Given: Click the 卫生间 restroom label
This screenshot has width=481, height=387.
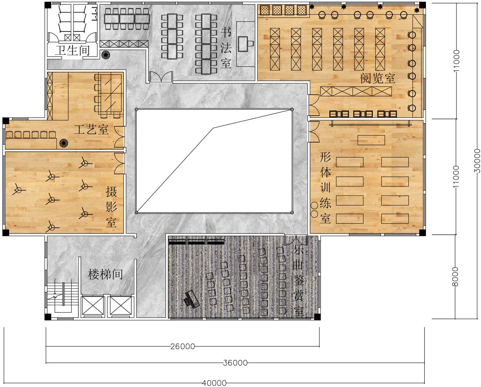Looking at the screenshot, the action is tap(72, 50).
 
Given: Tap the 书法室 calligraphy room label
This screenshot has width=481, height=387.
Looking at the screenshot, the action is tap(226, 48).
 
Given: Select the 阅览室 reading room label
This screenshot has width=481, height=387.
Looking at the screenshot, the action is tap(377, 78).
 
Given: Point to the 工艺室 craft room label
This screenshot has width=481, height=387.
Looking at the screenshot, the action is tap(91, 130).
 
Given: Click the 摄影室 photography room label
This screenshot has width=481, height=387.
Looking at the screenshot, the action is tap(111, 207).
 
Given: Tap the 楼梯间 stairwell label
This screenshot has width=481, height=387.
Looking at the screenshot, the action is tap(105, 274).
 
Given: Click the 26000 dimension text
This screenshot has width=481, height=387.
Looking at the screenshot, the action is tap(183, 347).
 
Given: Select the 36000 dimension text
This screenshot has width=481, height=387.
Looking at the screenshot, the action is tap(235, 363).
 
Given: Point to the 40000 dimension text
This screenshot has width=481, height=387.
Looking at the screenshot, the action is tap(214, 383).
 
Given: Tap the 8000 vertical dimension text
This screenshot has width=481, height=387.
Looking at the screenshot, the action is tap(455, 276).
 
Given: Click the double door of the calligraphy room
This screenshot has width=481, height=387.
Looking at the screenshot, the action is tap(161, 77).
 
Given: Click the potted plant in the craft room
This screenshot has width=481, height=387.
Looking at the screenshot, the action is tap(64, 143).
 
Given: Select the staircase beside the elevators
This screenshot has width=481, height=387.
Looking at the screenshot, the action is tap(63, 297).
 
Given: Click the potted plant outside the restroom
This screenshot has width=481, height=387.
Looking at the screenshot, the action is tap(106, 55).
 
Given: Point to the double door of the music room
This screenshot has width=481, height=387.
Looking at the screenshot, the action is tap(296, 240).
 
